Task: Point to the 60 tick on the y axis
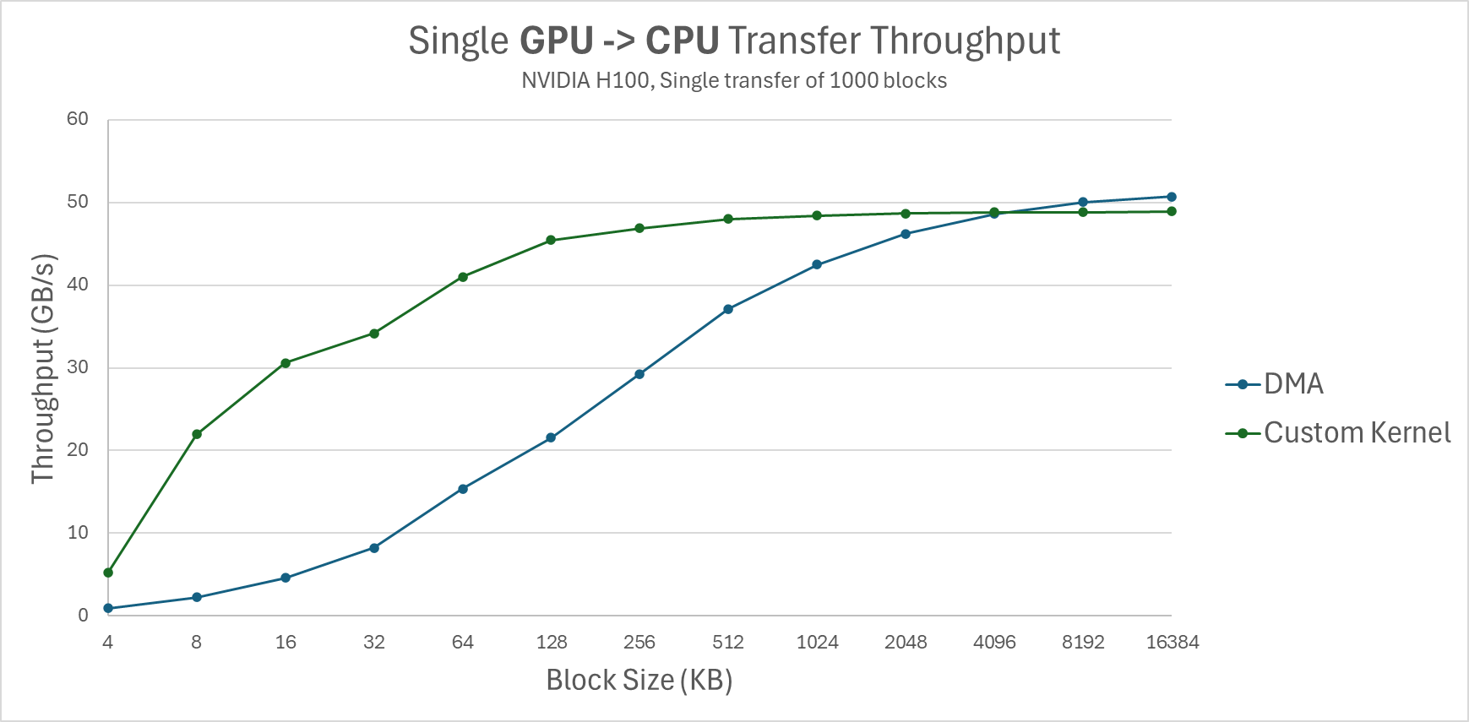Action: pos(78,119)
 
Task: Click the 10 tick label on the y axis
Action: pos(78,533)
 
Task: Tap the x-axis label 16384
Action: pos(1172,643)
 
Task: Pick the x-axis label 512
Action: pos(727,643)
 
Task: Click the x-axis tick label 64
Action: pos(462,643)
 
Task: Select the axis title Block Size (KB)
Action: pos(639,680)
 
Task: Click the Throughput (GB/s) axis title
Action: pos(43,368)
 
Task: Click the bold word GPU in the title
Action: pos(556,41)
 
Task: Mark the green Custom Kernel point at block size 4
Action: pos(108,573)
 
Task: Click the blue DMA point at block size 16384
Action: pos(1171,197)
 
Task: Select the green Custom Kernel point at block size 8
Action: pos(197,434)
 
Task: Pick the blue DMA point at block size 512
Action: pos(728,309)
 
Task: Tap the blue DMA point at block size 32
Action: pos(374,548)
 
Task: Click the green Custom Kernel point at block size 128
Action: pos(551,240)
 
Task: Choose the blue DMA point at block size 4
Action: pos(108,608)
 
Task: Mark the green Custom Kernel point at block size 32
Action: pos(374,334)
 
